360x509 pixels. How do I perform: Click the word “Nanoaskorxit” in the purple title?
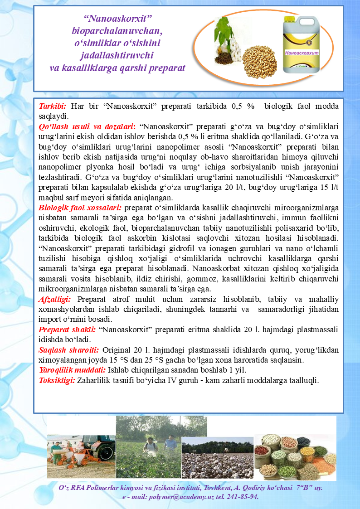(x=117, y=18)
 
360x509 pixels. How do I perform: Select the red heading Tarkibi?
(x=53, y=106)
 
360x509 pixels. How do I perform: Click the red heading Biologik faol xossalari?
(x=80, y=208)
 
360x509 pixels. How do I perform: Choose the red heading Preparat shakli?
(x=67, y=330)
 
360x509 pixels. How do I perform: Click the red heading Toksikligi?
(x=57, y=380)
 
